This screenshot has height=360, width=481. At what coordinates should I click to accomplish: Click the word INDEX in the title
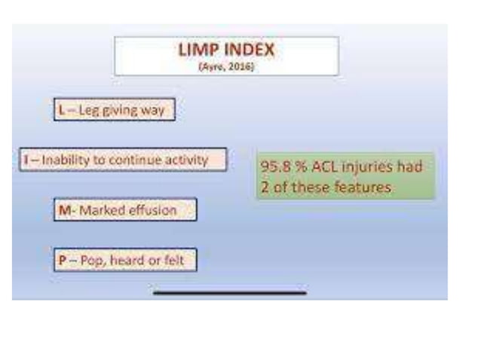pyautogui.click(x=244, y=50)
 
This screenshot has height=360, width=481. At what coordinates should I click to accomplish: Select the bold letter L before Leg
pyautogui.click(x=61, y=110)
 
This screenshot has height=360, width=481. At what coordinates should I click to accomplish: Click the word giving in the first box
pyautogui.click(x=118, y=111)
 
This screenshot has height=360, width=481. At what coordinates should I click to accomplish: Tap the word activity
pyautogui.click(x=186, y=160)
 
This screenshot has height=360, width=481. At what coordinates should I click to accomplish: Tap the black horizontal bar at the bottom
pyautogui.click(x=229, y=291)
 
